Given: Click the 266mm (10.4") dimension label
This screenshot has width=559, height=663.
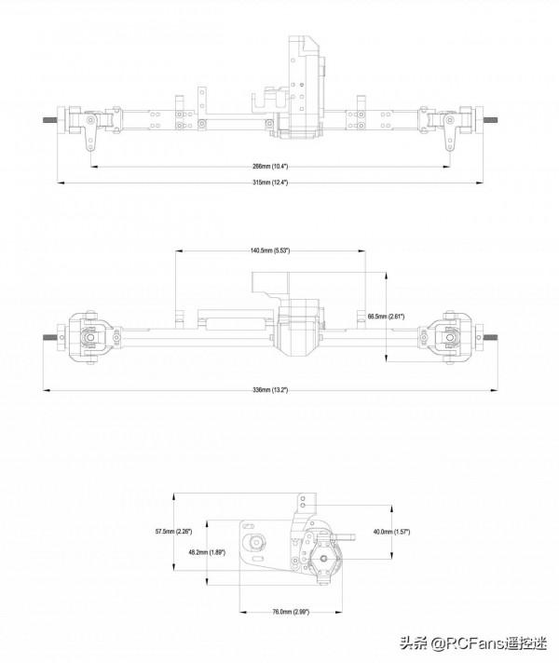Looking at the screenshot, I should tap(270, 166).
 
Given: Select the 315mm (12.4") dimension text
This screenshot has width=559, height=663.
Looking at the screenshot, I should tap(270, 183).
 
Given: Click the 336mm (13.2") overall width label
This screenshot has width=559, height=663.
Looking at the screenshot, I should tap(270, 389).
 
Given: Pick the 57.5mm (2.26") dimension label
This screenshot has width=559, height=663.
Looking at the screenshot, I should tap(173, 532).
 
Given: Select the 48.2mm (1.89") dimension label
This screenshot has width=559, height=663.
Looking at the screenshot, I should tap(206, 552).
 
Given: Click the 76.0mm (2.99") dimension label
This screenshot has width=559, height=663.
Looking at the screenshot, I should tap(291, 612).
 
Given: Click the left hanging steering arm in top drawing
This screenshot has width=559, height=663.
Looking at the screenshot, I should tap(91, 135).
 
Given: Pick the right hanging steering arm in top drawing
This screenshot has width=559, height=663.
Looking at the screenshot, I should tap(446, 135).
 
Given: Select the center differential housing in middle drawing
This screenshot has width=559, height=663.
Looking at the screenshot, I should tap(300, 328).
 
